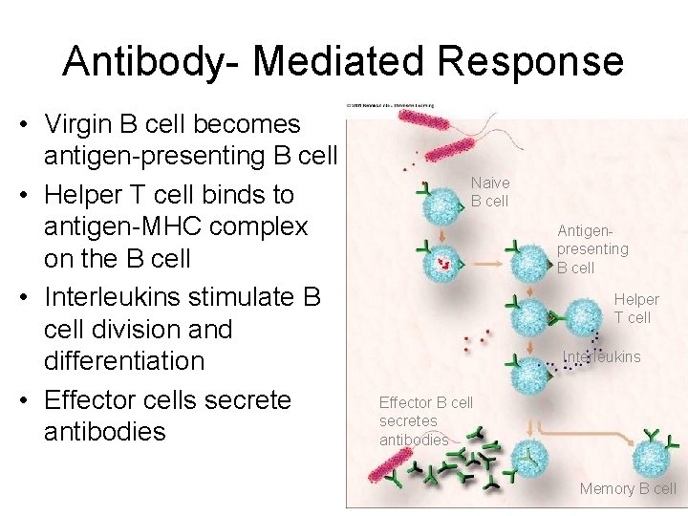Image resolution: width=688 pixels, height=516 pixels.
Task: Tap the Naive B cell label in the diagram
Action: [489, 191]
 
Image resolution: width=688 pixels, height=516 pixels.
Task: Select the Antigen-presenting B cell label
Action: [592, 248]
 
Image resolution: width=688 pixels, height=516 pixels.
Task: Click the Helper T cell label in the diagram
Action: [635, 308]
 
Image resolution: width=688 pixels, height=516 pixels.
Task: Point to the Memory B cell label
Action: [627, 488]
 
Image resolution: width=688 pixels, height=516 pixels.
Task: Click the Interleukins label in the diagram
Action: [601, 357]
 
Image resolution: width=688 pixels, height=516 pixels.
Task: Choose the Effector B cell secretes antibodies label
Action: [424, 420]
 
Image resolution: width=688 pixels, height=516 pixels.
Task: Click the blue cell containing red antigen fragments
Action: [442, 260]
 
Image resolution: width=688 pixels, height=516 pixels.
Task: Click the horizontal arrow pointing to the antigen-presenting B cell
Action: [492, 262]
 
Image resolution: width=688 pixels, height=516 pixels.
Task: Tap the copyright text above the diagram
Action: [391, 105]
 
